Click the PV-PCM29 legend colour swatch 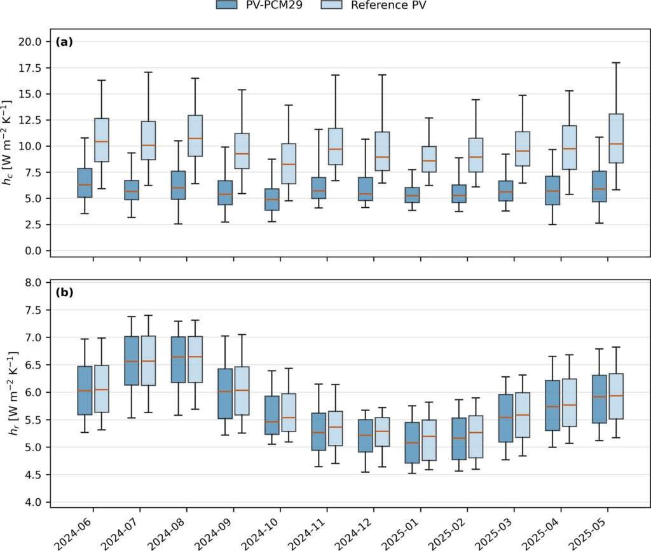tap(227, 4)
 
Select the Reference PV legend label tap(388, 5)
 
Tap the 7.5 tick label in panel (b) tap(33, 310)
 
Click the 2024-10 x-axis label tap(262, 533)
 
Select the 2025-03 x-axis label tap(496, 533)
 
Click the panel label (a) tap(64, 42)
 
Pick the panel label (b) tap(64, 292)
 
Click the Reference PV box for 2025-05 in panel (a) tap(616, 138)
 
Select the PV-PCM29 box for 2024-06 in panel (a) tap(85, 182)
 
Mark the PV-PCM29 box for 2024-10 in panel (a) tap(272, 200)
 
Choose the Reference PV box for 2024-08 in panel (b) tap(195, 359)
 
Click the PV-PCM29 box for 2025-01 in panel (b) tap(412, 443)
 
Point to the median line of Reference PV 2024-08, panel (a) tap(195, 138)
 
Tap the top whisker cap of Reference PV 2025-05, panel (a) tap(616, 63)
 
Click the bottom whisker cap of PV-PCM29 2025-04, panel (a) tap(552, 224)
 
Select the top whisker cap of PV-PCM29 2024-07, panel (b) tap(132, 316)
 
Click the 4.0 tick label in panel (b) tap(33, 503)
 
